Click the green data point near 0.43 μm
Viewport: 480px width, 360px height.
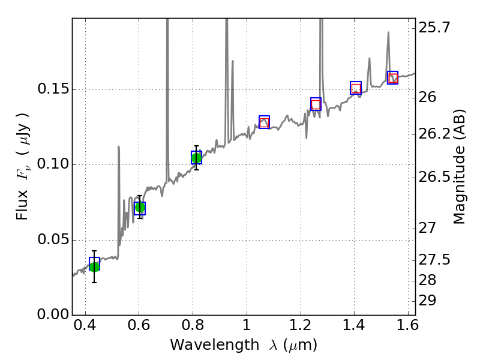pyautogui.click(x=94, y=266)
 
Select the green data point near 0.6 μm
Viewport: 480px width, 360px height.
pyautogui.click(x=140, y=208)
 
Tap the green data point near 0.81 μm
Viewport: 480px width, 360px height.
pyautogui.click(x=196, y=157)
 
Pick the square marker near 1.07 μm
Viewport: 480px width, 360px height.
pyautogui.click(x=264, y=122)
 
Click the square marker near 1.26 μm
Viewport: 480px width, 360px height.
pyautogui.click(x=316, y=104)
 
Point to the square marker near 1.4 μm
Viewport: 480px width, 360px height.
pyautogui.click(x=356, y=88)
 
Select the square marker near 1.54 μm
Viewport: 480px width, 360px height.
pyautogui.click(x=392, y=77)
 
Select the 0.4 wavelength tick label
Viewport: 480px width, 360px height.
pyautogui.click(x=85, y=328)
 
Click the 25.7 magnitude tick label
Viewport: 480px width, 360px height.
pyautogui.click(x=435, y=28)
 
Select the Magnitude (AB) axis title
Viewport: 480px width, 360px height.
pyautogui.click(x=460, y=166)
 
